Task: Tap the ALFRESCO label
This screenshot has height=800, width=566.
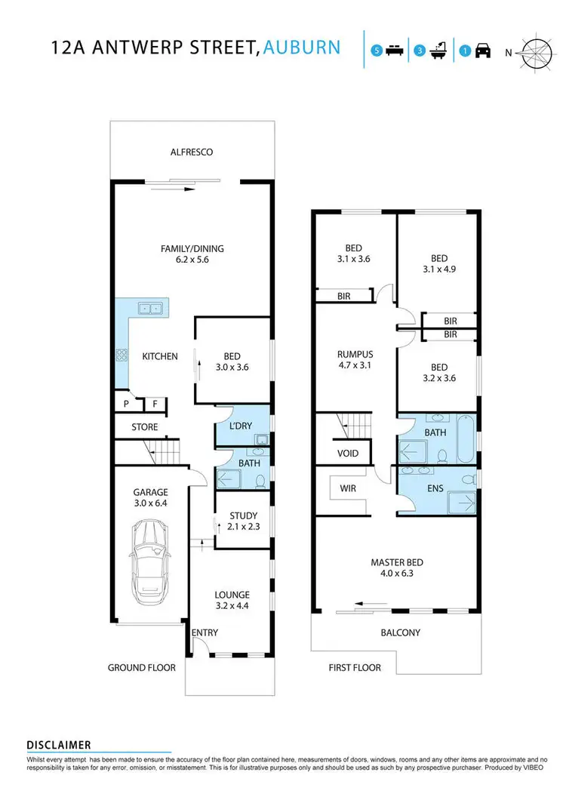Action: click(x=192, y=152)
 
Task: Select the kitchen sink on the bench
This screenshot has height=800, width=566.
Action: click(x=149, y=308)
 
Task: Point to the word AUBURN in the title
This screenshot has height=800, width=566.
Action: click(x=303, y=48)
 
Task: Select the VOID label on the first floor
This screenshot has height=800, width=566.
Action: click(x=348, y=454)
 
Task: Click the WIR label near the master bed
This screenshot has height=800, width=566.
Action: click(x=348, y=488)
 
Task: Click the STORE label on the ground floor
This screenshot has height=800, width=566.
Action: click(x=145, y=427)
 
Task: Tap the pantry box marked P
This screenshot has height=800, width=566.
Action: click(x=126, y=405)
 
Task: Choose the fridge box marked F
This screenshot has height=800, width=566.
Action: click(x=155, y=405)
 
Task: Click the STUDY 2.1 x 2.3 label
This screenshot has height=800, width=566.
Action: click(x=244, y=522)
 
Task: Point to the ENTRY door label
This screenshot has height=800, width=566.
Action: click(x=205, y=632)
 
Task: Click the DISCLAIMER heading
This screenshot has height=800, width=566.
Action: click(x=59, y=745)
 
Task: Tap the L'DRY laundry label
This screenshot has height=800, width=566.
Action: click(x=243, y=426)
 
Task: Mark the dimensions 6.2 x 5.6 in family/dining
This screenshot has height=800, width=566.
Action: click(x=192, y=262)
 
